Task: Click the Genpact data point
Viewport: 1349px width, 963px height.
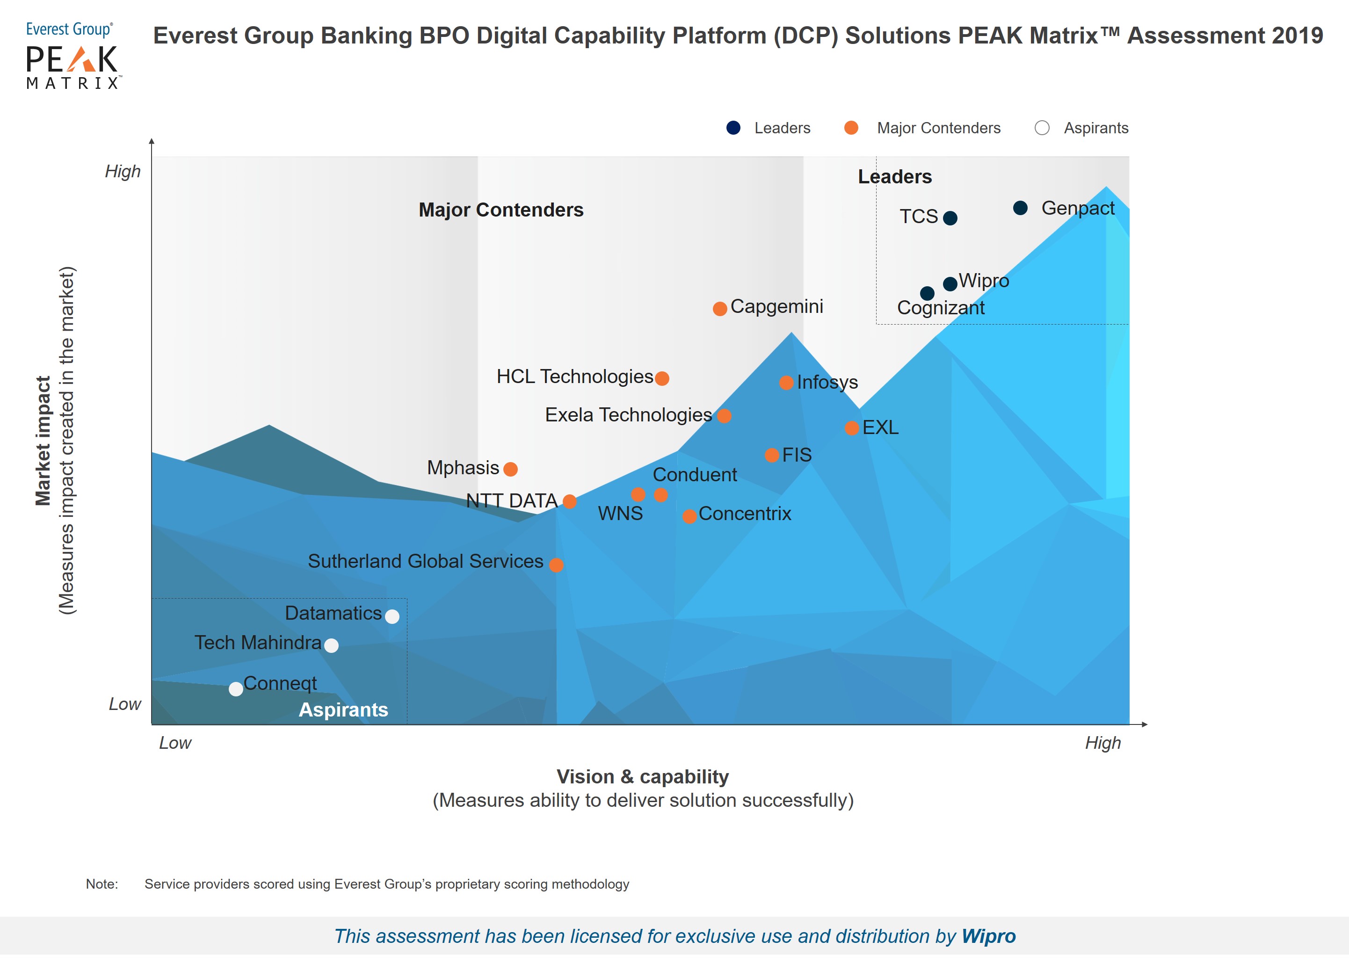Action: tap(1020, 208)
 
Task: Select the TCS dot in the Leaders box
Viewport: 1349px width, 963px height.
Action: tap(950, 218)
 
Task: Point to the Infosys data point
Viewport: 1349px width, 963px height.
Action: tap(786, 383)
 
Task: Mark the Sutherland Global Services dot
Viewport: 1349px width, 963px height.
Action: tap(556, 565)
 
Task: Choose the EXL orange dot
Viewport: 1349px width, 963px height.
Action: tap(851, 428)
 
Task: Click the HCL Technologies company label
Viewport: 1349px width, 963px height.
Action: tap(574, 377)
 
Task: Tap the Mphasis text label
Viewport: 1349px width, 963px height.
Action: tap(463, 468)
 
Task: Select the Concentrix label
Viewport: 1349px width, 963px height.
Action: tap(745, 514)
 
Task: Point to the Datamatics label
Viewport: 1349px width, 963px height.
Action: tap(333, 613)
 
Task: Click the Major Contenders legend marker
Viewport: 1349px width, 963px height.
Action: tap(851, 128)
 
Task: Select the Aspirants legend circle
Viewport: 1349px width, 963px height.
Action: tap(1042, 128)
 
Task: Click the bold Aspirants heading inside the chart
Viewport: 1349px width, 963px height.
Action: tap(343, 710)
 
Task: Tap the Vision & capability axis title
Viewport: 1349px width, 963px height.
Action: tap(643, 777)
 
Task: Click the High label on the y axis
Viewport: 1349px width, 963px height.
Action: tap(123, 171)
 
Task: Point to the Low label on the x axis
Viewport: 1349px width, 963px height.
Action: tap(175, 743)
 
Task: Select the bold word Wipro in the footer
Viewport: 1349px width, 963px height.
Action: tap(988, 936)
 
